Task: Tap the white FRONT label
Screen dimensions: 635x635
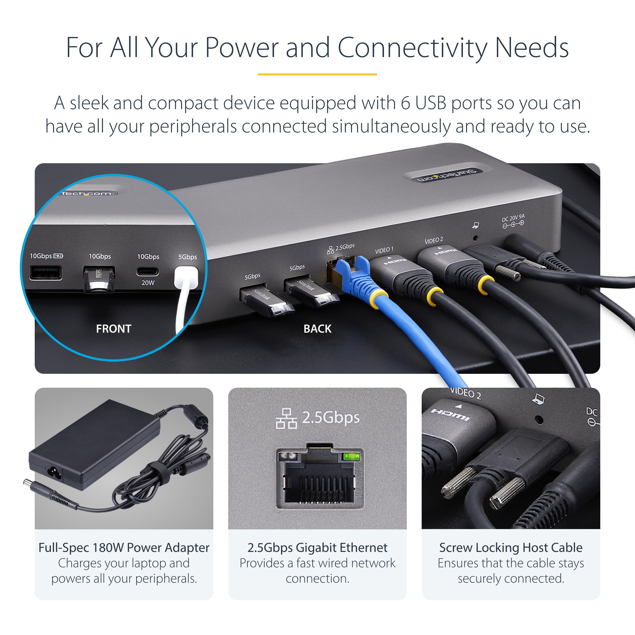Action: pos(113,329)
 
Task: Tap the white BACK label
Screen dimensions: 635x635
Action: pos(317,329)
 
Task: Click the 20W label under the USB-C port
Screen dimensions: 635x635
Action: pos(148,283)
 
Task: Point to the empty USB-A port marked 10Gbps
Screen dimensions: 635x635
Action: pos(45,273)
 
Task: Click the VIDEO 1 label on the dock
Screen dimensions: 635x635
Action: pos(384,251)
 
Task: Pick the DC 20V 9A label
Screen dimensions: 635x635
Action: pos(513,219)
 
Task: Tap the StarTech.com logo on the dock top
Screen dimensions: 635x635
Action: pos(447,176)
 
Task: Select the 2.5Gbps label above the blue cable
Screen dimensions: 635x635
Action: pos(345,247)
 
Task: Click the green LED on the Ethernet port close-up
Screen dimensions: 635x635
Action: pos(352,456)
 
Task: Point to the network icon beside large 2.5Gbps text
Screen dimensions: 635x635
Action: pos(286,419)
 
